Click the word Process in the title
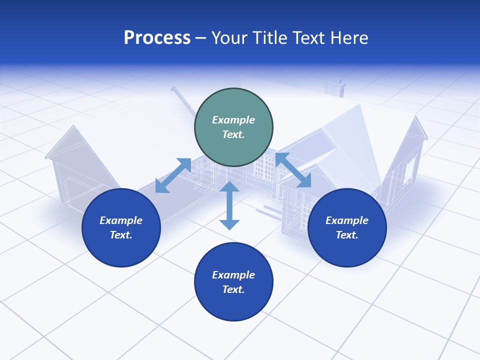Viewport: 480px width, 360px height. [157, 38]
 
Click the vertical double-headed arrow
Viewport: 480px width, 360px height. [229, 205]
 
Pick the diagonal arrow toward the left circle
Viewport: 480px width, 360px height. [173, 175]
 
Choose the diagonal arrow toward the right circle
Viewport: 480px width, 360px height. [293, 170]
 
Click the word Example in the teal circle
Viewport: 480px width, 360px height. [233, 120]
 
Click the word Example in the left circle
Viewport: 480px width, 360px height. [121, 220]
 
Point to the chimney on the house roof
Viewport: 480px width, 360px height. [334, 87]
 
